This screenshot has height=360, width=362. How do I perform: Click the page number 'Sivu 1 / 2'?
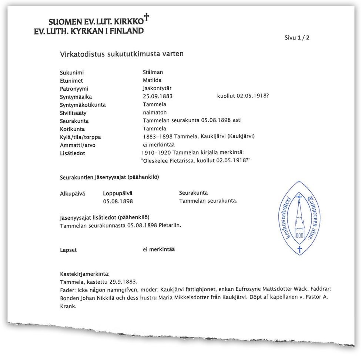[297, 37]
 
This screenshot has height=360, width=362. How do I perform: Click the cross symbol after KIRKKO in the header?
[147, 17]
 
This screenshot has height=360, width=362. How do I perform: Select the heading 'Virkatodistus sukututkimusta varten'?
[122, 54]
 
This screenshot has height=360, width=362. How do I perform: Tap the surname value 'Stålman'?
[153, 72]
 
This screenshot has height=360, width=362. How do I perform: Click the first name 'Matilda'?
[152, 80]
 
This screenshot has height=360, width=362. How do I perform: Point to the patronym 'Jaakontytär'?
[157, 89]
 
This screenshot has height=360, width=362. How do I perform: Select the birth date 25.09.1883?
[158, 97]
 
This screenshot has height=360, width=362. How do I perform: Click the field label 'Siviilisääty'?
[73, 113]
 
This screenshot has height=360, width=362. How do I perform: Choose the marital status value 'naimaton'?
[155, 112]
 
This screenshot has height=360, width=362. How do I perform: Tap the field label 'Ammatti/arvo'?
[77, 145]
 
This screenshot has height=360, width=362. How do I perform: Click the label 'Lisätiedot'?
[72, 153]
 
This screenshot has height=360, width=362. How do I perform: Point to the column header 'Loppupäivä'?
[117, 193]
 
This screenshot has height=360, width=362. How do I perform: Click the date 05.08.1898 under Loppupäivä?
[118, 201]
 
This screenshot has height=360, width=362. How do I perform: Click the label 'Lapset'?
[68, 250]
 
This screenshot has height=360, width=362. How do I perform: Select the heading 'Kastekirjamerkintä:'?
[84, 274]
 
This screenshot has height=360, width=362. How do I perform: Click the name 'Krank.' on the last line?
[68, 306]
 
